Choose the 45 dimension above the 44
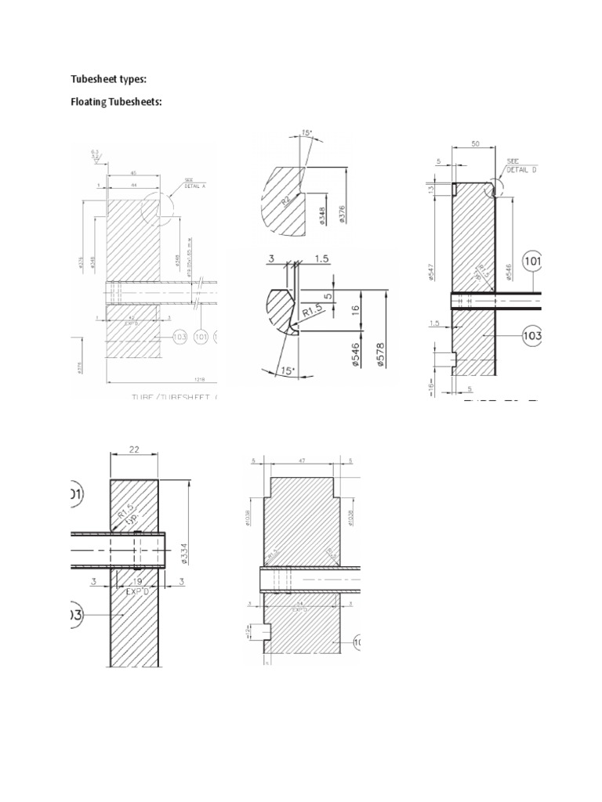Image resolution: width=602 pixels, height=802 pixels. [x=134, y=174]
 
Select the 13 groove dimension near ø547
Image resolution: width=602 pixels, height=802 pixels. [x=432, y=190]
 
